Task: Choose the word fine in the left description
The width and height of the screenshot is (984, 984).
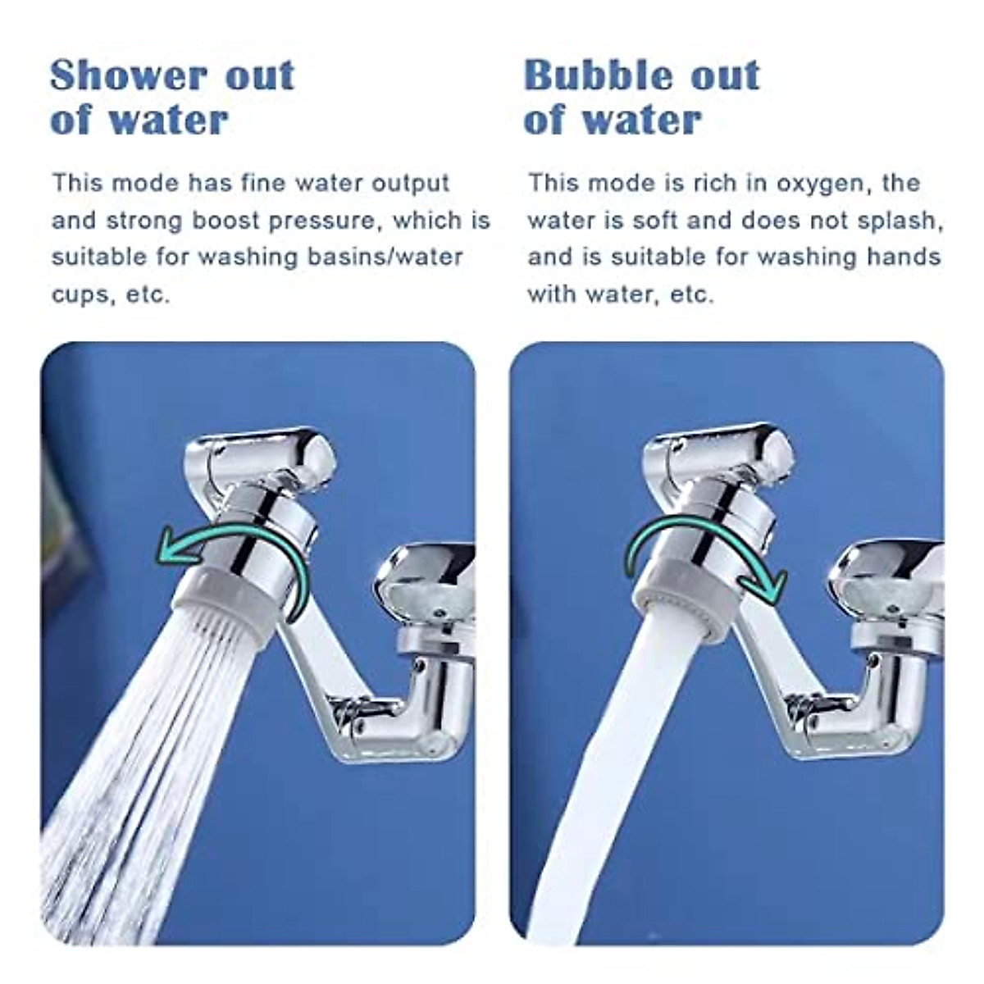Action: tap(261, 183)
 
